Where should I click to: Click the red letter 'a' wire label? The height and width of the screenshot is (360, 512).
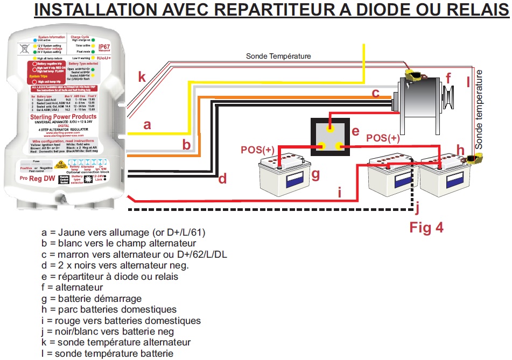147,125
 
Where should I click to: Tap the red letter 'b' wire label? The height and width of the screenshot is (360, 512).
186,144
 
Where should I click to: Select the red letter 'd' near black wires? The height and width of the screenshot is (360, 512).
223,179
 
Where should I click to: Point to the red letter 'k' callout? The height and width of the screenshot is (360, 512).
142,77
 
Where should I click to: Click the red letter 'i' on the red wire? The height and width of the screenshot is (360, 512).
340,192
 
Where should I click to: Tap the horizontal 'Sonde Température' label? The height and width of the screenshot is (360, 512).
278,56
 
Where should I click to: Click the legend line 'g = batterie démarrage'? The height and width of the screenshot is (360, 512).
92,299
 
